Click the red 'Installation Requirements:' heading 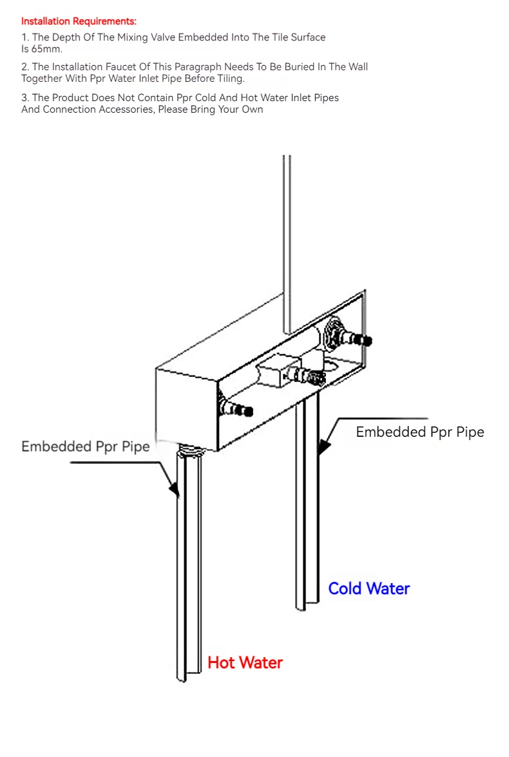pos(79,21)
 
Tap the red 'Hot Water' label pos(245,662)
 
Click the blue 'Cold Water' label pos(369,588)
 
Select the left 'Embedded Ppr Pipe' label pos(86,446)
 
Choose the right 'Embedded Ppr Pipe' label pos(420,432)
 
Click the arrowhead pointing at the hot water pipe pos(175,489)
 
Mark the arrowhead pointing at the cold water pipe pos(324,446)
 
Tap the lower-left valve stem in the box pos(238,409)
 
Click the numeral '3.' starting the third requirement pos(25,97)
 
